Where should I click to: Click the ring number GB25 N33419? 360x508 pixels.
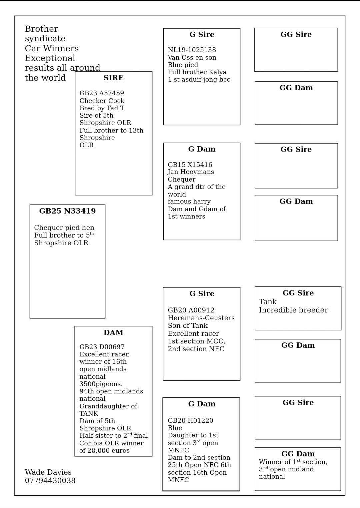pos(67,211)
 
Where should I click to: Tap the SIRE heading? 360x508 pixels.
pos(114,78)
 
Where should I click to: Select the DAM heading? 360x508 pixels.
pos(113,333)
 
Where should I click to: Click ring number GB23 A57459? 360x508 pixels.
pos(102,93)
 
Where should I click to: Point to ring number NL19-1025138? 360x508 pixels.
pos(192,50)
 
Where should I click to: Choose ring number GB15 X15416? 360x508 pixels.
pos(190,165)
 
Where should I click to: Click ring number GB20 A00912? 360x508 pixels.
pos(191,310)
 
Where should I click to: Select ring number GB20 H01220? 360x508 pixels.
pos(190,421)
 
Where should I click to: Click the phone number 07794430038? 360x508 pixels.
pos(50,481)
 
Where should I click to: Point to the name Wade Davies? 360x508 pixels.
pos(48,472)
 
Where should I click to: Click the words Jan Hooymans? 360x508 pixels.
pos(191,172)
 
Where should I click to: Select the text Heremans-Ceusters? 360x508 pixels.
pos(201,318)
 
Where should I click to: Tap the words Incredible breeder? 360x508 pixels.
pos(293,310)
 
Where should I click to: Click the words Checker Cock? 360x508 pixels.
pos(102,101)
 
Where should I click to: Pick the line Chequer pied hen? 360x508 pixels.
pos(64,228)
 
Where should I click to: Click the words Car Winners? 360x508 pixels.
pos(52,49)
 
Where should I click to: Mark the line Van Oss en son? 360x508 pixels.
pos(192,58)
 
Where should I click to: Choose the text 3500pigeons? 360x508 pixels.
pos(101,384)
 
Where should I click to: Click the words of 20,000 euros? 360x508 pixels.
pos(104,451)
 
